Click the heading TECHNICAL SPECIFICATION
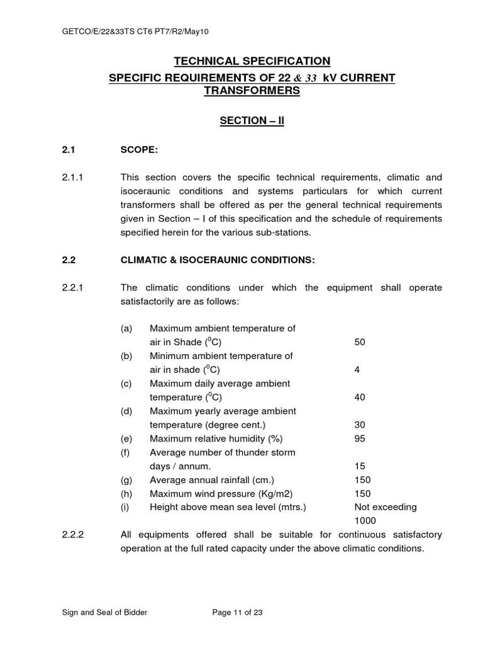tap(252, 61)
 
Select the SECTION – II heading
tap(252, 120)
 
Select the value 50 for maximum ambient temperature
tap(360, 342)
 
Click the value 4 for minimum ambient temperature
tap(357, 370)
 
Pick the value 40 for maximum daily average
tap(360, 397)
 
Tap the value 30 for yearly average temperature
tap(360, 425)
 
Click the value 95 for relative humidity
tap(360, 438)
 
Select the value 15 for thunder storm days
tap(360, 466)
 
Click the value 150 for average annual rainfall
tap(362, 480)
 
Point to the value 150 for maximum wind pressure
tap(362, 494)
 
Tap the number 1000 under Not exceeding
tap(365, 521)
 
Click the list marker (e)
tap(127, 438)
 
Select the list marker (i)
tap(126, 507)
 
